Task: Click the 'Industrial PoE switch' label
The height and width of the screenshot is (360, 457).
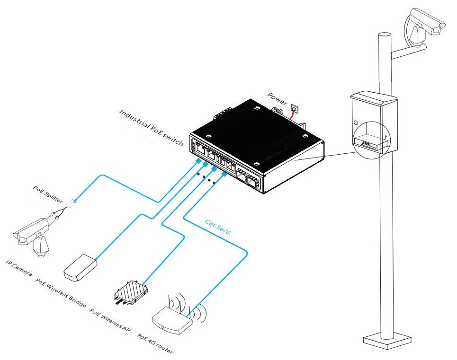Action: point(151,128)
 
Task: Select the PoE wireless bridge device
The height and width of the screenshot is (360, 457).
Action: point(80,266)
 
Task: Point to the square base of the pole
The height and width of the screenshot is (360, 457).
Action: point(385,340)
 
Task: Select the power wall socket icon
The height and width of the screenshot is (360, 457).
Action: point(294,108)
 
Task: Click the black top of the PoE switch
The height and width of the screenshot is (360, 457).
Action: point(256,132)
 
